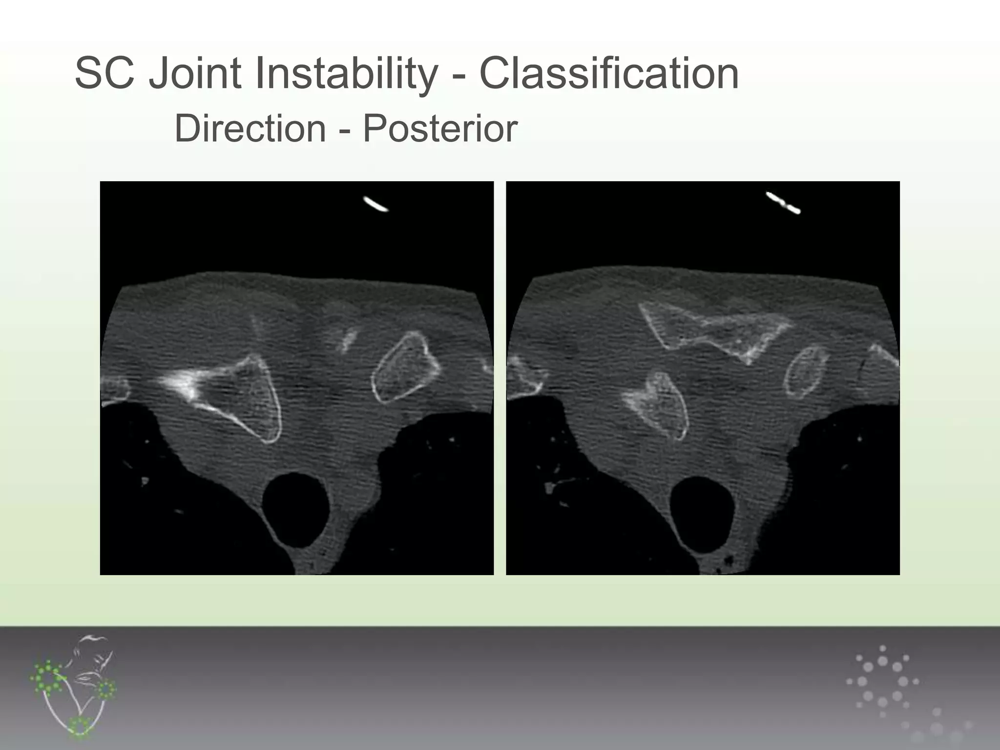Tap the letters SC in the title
[104, 74]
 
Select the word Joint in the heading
[194, 74]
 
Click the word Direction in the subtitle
[250, 129]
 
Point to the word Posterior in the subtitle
[439, 129]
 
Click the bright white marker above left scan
[376, 204]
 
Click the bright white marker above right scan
[783, 203]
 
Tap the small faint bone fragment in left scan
[347, 340]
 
